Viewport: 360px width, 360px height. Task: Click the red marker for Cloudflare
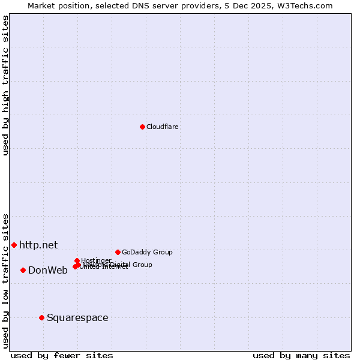[x=142, y=127]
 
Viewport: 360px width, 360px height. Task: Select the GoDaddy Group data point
[x=118, y=252]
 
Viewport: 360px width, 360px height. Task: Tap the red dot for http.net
[x=14, y=245]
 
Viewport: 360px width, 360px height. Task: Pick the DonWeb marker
[x=23, y=270]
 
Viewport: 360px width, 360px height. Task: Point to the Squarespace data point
[x=41, y=317]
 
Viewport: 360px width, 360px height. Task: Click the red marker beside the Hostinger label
[x=77, y=260]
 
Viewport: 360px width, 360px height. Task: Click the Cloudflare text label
[x=162, y=127]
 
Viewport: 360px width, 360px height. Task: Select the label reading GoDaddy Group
[x=147, y=252]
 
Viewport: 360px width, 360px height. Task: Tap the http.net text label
[x=38, y=245]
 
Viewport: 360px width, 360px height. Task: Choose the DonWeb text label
[x=48, y=270]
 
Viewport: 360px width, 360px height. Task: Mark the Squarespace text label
[x=77, y=317]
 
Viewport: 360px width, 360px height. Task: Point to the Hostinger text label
[x=96, y=260]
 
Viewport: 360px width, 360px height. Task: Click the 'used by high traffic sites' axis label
[x=5, y=85]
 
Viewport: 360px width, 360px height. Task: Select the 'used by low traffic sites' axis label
[x=5, y=280]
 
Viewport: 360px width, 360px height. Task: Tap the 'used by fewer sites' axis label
[x=62, y=355]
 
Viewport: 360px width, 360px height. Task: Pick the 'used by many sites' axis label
[x=301, y=355]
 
